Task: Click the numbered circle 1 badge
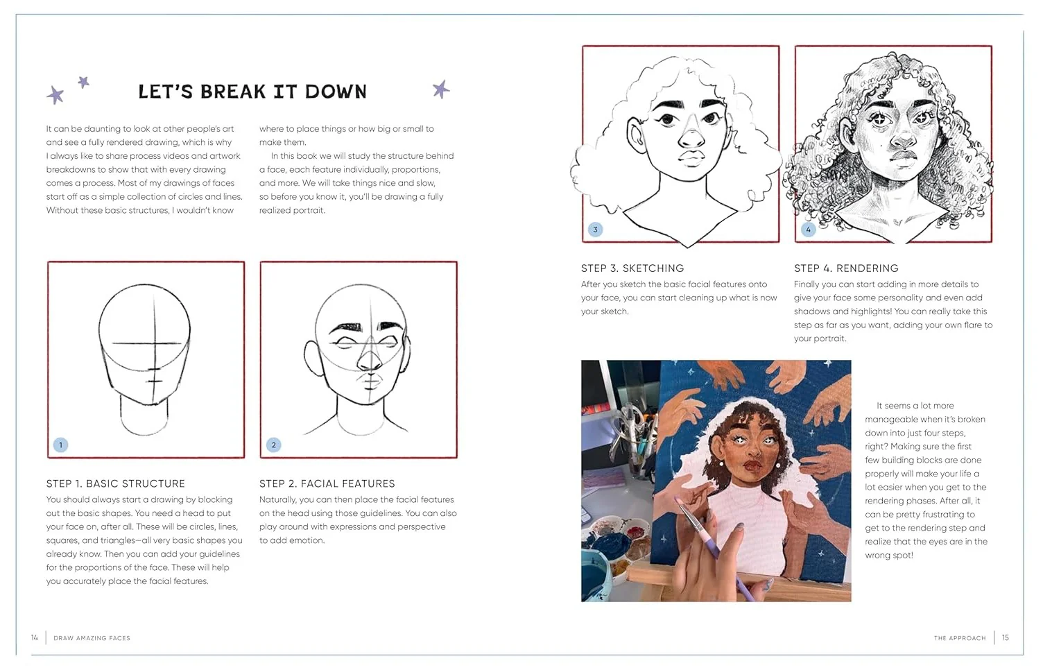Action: pos(60,445)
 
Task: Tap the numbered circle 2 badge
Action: pos(274,445)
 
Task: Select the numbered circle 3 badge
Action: pos(595,230)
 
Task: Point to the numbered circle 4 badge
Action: pos(809,230)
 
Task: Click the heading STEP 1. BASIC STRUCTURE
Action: pos(116,483)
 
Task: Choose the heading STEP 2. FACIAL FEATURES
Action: pos(327,483)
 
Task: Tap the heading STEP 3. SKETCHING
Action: pos(632,268)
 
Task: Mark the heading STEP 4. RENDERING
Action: pos(846,268)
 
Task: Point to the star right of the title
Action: pos(441,89)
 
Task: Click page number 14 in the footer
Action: pos(35,637)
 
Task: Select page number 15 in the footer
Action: pos(1006,637)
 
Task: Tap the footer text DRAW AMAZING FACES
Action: pos(92,638)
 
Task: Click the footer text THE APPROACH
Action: pos(960,638)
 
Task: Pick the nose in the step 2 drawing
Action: pos(370,358)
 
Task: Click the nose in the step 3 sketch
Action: pos(691,135)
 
